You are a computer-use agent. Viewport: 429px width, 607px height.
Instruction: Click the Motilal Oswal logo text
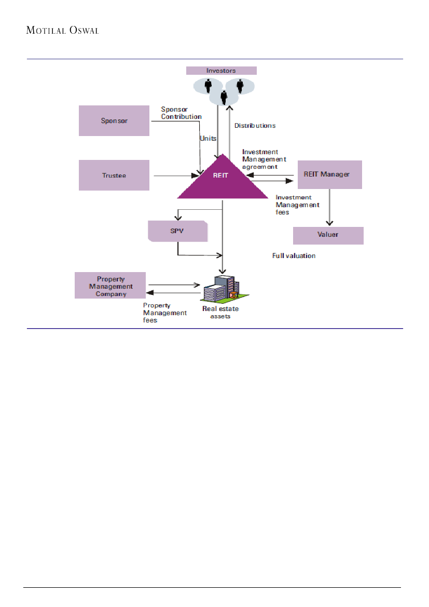pos(62,30)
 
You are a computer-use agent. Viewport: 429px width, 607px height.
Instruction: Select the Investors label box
pos(222,71)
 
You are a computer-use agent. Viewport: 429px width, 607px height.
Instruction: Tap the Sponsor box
pos(114,121)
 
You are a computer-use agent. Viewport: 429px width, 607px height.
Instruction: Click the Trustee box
pos(114,176)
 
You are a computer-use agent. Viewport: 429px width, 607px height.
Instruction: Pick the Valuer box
pos(328,235)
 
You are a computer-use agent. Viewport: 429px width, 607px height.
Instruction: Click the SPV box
pos(177,231)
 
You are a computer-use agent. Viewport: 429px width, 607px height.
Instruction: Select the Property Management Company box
pos(110,286)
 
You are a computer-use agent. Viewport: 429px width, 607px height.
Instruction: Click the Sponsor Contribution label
pos(181,113)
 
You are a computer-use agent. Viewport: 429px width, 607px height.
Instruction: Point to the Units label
pos(208,139)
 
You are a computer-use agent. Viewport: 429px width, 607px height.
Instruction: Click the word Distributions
pos(255,126)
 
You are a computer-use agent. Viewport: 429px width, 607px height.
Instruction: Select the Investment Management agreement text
pos(264,159)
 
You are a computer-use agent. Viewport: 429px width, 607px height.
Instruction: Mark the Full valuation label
pos(294,256)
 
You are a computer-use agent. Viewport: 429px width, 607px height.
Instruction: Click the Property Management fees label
pos(165,313)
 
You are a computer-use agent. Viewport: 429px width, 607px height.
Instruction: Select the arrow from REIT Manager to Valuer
pos(329,208)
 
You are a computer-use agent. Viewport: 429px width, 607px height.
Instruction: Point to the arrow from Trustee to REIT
pos(176,176)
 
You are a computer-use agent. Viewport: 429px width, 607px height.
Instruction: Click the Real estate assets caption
pos(220,312)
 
